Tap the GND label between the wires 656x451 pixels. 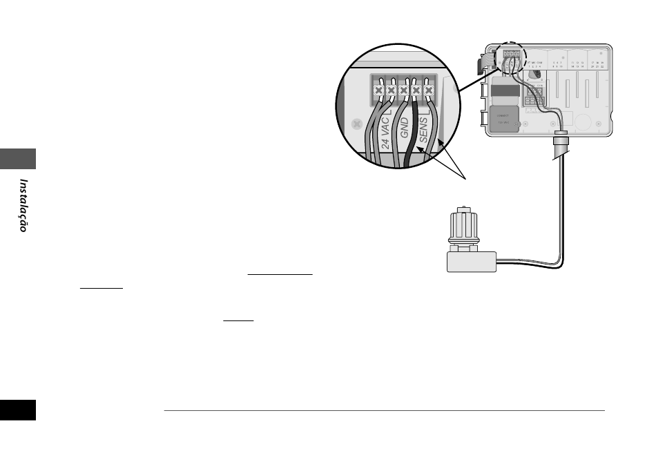tap(405, 128)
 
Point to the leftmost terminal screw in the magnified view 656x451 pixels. tap(378, 90)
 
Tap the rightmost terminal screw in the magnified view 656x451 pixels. tap(429, 90)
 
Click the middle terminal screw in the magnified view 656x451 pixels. tap(403, 90)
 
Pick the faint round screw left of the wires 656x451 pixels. tap(357, 124)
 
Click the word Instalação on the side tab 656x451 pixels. tap(23, 206)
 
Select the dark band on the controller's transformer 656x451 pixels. tap(503, 92)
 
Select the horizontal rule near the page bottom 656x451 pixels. tap(384, 411)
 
